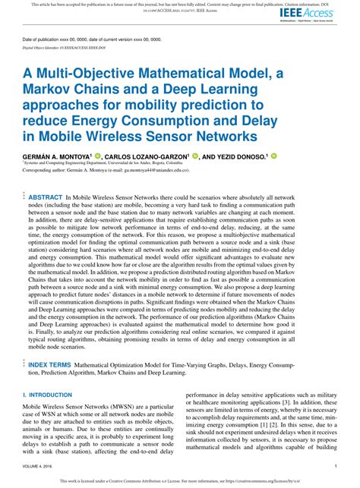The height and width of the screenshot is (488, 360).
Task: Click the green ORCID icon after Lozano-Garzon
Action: (x=195, y=154)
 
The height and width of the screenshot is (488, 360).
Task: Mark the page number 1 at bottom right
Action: (x=336, y=467)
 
